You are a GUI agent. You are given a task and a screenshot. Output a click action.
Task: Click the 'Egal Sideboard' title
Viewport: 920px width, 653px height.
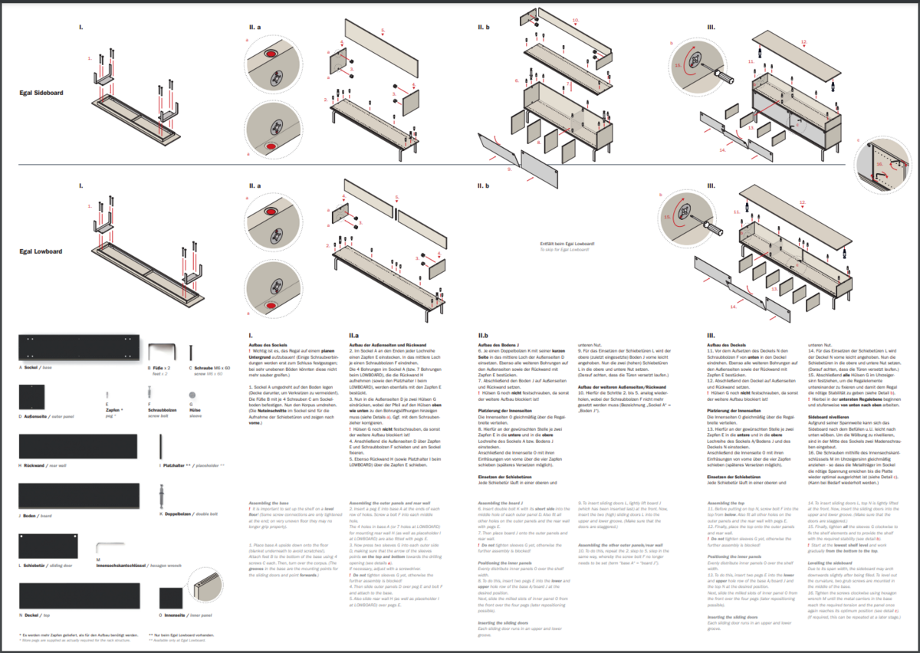point(41,93)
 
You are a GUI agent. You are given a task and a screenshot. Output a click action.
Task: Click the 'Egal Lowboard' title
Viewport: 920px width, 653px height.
point(41,251)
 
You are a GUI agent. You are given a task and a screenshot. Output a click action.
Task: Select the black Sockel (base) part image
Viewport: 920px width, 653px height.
point(78,349)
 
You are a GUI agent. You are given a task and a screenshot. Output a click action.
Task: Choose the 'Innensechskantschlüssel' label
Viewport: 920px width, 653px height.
point(128,588)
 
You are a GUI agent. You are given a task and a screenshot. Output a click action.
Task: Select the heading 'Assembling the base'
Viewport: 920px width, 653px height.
point(269,503)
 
